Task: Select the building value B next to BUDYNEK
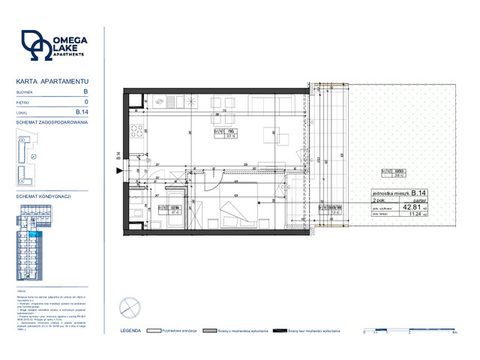85,91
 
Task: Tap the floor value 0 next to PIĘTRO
86,101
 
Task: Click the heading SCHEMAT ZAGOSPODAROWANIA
52,121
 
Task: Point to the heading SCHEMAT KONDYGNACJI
43,195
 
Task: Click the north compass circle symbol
129,307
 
